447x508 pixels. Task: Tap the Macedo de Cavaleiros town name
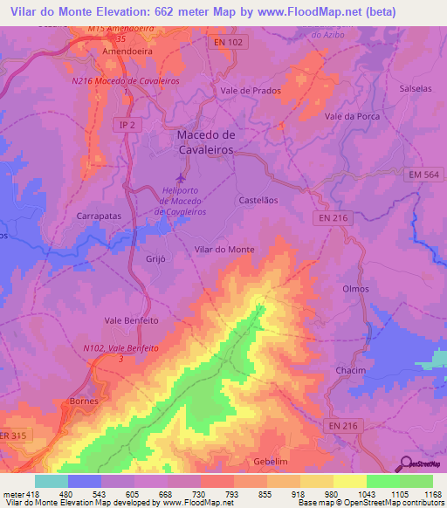point(206,141)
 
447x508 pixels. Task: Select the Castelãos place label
point(258,200)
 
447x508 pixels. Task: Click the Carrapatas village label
point(99,215)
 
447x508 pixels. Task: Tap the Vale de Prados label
point(250,91)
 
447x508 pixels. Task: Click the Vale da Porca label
point(350,116)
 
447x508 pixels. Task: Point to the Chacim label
point(350,371)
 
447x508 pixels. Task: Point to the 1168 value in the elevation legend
point(432,493)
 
